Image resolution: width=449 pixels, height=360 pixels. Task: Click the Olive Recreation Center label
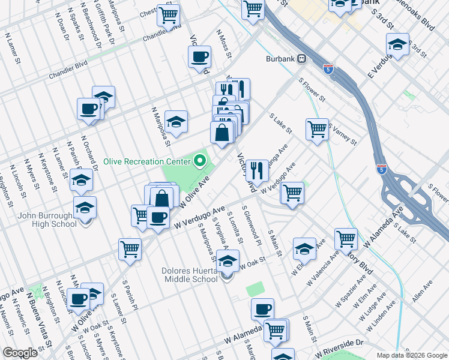(x=147, y=161)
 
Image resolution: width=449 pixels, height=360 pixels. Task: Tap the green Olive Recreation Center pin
(x=199, y=161)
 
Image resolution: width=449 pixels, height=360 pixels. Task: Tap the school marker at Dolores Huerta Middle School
(x=227, y=262)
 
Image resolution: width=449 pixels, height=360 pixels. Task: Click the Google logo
(x=20, y=353)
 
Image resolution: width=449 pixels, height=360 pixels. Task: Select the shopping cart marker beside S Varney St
(x=317, y=128)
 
